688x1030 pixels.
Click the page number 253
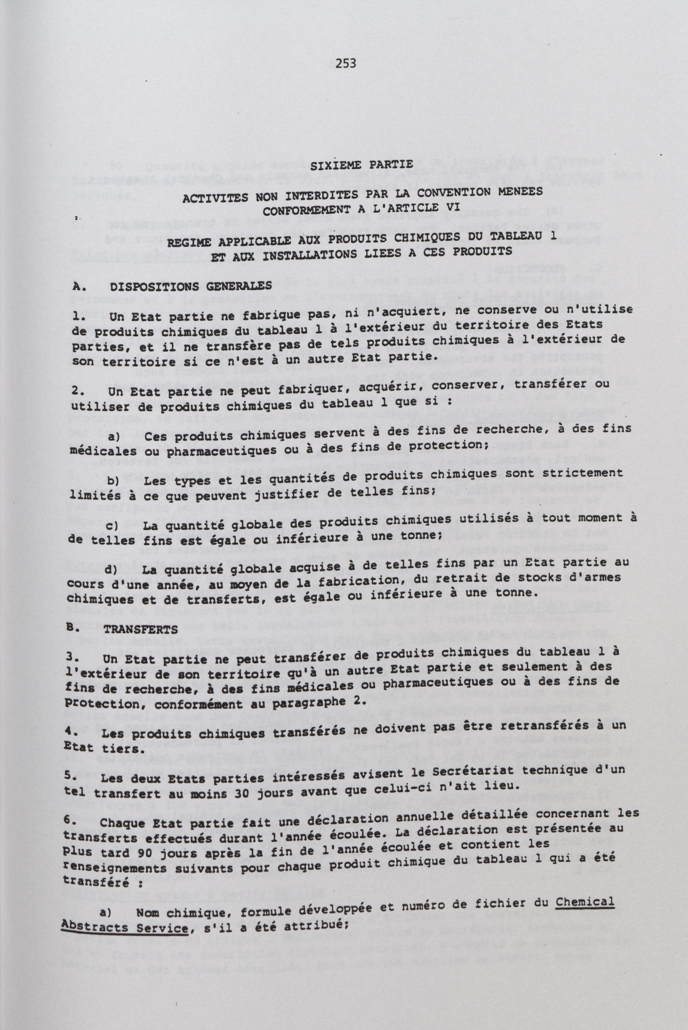(345, 64)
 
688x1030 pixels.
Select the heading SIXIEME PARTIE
(361, 165)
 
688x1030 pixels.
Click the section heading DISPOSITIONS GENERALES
(191, 286)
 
